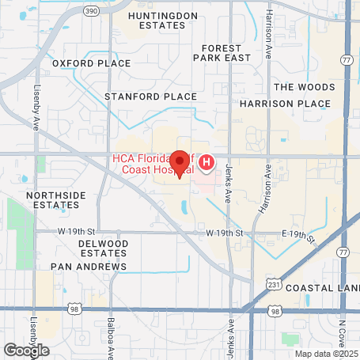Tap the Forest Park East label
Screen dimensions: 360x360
coord(226,53)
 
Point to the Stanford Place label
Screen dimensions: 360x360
coord(150,97)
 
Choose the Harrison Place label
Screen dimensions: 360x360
coord(284,104)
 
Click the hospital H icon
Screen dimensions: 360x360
coord(207,163)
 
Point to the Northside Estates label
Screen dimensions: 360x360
coord(53,199)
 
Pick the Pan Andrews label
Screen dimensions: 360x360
coord(89,267)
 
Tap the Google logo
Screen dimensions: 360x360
coord(26,350)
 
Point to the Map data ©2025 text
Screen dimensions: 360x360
coord(326,353)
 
